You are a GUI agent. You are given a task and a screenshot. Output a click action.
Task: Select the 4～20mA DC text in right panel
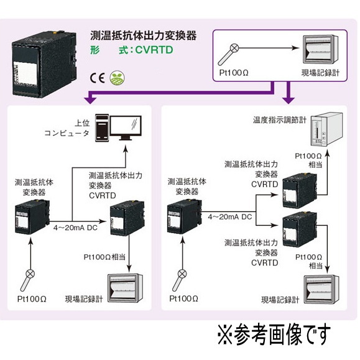229,217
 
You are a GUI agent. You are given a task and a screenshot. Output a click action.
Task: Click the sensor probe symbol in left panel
30,273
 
